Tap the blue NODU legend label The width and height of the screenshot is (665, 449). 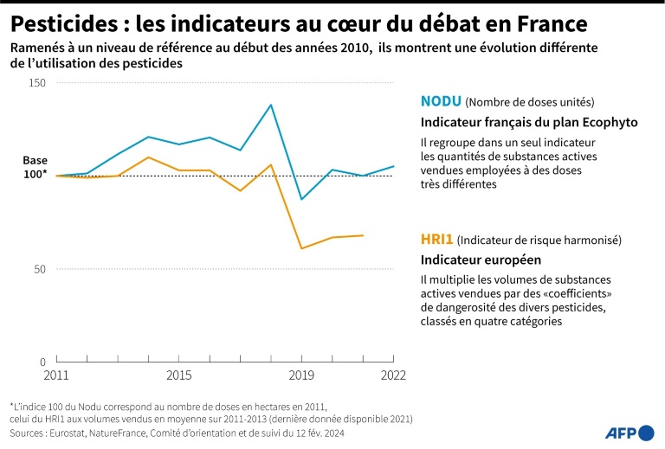[441, 101]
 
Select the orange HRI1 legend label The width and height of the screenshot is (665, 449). [436, 239]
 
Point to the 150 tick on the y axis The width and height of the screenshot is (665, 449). [37, 83]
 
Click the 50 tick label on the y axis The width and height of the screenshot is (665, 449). [40, 269]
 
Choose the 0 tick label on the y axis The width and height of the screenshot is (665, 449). [43, 362]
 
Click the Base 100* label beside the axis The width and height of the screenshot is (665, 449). [35, 168]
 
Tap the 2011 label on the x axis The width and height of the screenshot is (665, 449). [55, 375]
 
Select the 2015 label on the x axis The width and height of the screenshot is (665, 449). [178, 375]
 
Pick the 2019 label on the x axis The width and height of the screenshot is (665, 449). [301, 375]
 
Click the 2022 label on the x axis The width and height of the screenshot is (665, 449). [392, 375]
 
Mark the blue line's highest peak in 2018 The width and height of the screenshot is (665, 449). [271, 105]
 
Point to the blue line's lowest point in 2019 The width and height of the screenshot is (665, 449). [301, 200]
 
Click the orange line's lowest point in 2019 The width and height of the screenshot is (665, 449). [301, 248]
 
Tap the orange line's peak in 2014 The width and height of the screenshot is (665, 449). [148, 157]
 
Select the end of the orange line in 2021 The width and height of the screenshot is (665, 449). [363, 235]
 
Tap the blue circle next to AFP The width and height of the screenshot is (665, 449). [645, 433]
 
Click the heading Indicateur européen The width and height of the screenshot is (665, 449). [481, 260]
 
